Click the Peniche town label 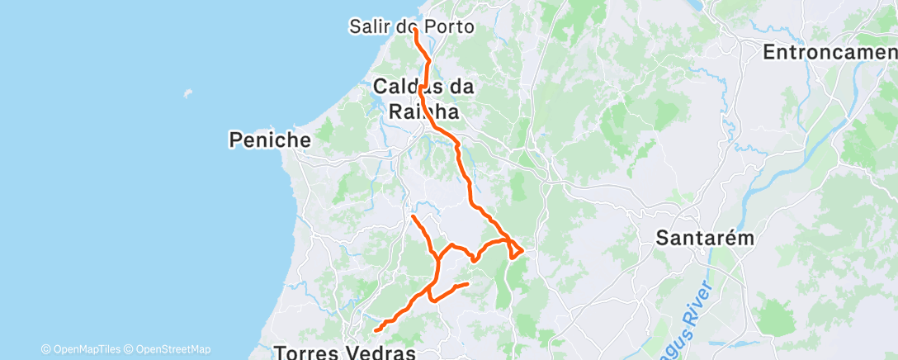[x=270, y=140]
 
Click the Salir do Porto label [x=412, y=26]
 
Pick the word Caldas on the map [x=403, y=86]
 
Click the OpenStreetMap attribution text [x=173, y=349]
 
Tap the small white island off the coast [x=189, y=92]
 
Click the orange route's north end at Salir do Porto [x=414, y=31]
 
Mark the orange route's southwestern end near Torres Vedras [x=376, y=330]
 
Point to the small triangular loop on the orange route [x=514, y=248]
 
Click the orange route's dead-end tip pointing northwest [x=412, y=216]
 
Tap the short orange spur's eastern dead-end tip [x=468, y=284]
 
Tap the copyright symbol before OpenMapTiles [x=46, y=349]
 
